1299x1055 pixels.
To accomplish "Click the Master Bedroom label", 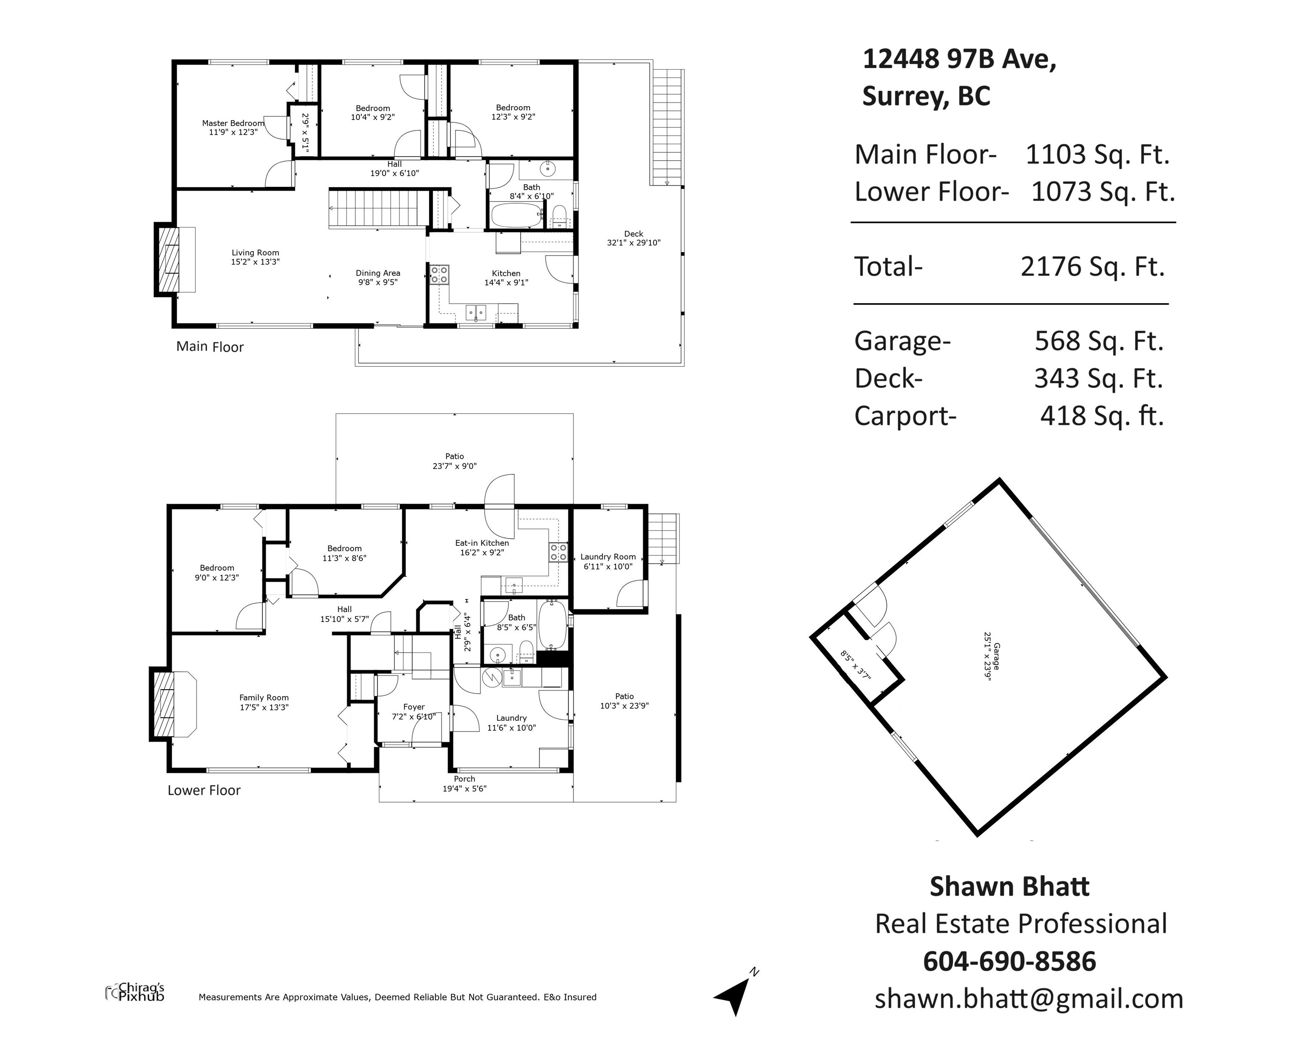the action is click(234, 123).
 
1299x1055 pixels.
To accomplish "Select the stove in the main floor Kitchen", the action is click(439, 275).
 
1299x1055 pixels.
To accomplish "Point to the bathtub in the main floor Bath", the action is click(516, 216).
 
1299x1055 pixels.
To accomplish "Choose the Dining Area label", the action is click(378, 273).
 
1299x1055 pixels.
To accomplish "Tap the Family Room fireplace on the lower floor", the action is click(175, 704).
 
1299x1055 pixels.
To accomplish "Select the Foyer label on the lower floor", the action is click(414, 707).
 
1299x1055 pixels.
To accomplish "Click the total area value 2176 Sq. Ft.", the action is click(1092, 266).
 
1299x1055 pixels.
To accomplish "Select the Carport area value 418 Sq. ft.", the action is click(1102, 416).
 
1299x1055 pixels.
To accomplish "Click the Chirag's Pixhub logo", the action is click(135, 992).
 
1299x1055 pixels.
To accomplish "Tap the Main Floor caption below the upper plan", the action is click(210, 347).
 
